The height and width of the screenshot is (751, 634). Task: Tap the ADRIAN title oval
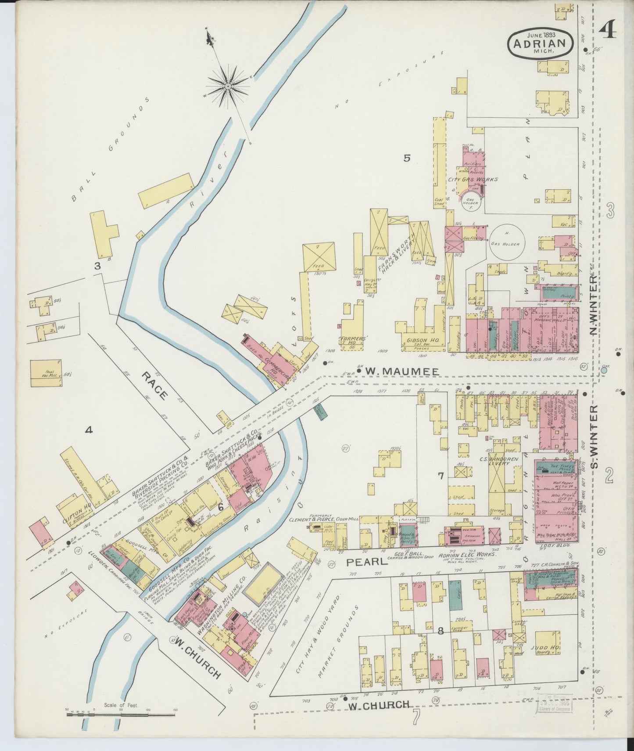coord(540,43)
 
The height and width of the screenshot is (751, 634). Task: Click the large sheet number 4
coord(608,31)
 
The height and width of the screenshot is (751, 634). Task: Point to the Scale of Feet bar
coord(121,715)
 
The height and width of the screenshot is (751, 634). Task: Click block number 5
coord(407,158)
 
